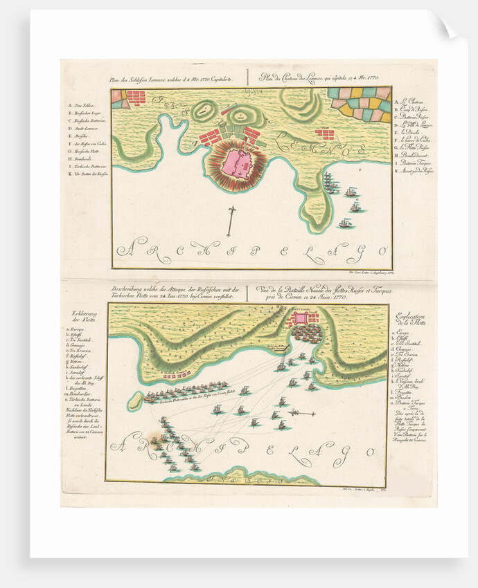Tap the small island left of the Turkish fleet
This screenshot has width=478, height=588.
(136, 399)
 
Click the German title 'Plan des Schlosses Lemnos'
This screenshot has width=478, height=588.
(166, 79)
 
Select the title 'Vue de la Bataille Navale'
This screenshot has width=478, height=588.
(321, 293)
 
